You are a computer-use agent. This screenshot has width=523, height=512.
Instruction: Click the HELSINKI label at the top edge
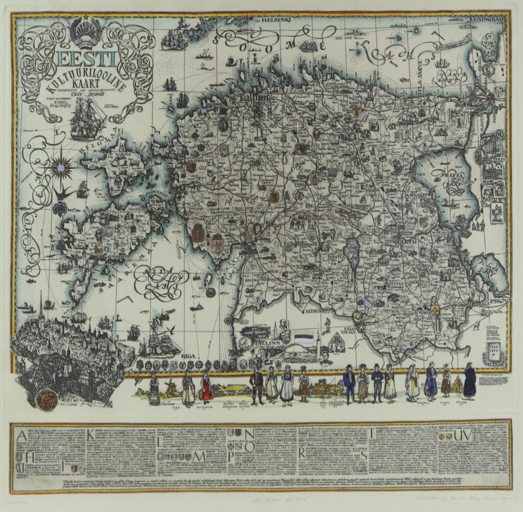[x=278, y=22]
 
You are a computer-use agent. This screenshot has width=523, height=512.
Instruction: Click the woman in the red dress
[x=206, y=387]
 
